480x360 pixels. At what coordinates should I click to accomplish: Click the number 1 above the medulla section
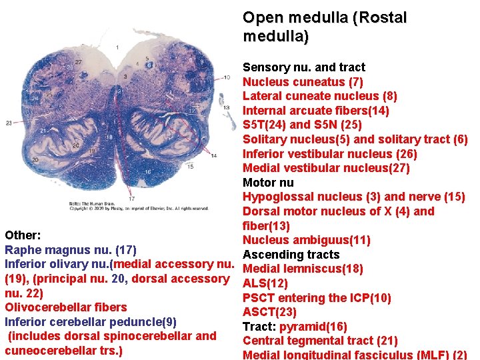point(117,47)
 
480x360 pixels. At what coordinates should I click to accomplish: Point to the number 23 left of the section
point(9,123)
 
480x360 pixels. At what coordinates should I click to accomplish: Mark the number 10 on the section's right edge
point(209,78)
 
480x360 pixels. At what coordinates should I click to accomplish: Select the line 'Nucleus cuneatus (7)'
point(303,82)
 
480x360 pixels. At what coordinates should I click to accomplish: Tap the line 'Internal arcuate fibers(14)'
point(316,111)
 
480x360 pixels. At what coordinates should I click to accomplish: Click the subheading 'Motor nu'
point(268,183)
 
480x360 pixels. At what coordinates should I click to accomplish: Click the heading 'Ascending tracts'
point(291,255)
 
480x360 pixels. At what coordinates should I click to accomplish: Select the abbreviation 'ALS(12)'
point(261,283)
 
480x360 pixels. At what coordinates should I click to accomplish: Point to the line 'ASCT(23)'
point(269,312)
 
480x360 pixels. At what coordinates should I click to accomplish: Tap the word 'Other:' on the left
point(23,235)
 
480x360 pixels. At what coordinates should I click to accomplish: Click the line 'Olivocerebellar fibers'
point(65,307)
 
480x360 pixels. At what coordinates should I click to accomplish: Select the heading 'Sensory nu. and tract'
point(304,67)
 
